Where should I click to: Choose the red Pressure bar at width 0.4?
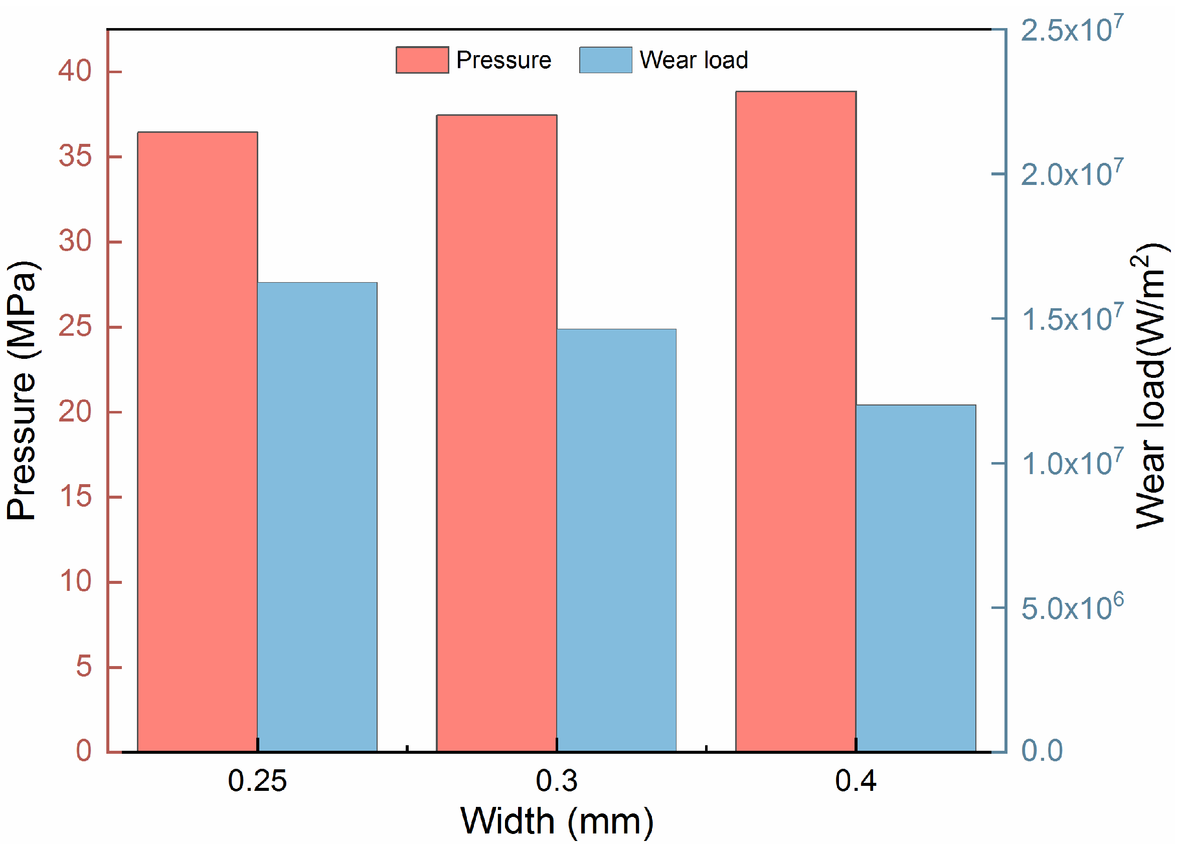796,421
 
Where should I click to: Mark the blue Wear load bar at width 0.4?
916,578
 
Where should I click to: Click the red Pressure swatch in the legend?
422,60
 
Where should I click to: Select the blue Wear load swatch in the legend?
606,60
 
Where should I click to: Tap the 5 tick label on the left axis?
83,666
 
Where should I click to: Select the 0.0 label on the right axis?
1042,751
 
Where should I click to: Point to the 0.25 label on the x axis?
257,781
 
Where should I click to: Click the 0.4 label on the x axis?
856,781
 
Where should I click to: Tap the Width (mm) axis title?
557,821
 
